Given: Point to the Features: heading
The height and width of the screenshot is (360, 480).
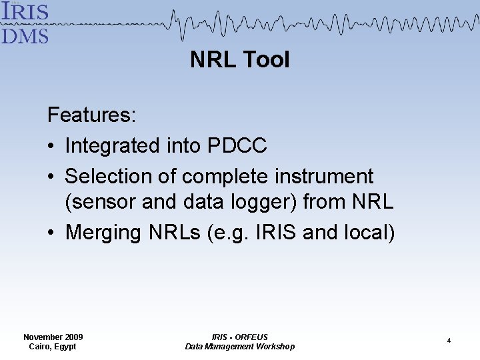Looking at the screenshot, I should (92, 115).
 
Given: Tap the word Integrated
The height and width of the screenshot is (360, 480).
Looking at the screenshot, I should (111, 145).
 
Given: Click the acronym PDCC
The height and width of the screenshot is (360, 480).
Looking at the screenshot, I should (237, 145).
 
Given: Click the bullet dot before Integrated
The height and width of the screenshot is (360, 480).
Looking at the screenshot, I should (52, 146).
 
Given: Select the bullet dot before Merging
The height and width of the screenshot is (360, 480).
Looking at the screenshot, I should (52, 233).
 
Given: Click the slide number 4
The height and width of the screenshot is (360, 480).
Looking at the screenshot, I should (449, 341).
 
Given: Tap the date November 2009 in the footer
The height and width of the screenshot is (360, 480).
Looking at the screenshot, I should (53, 337).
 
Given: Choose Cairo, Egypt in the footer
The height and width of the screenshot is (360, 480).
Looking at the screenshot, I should (53, 347).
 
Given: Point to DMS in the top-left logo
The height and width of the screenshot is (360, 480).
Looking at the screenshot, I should (25, 35).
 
